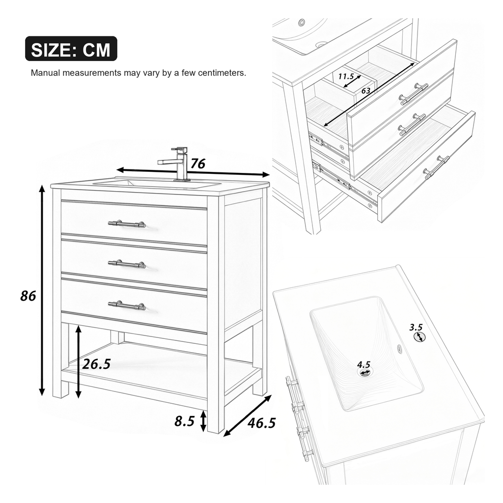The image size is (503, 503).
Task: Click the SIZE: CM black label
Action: pos(71,49)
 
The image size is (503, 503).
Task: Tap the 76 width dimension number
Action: pos(198,164)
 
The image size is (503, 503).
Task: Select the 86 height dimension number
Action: pos(28,296)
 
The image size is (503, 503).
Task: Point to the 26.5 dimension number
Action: pos(97,364)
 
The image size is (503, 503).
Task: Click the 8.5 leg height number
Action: pos(185,421)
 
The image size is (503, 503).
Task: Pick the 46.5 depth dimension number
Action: pos(262,423)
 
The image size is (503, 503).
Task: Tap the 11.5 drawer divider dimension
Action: pos(346,76)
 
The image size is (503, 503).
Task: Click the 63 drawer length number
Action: pos(366,91)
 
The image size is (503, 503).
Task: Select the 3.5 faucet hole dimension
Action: pos(416,327)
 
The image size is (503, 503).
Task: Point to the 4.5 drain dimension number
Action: pos(363,364)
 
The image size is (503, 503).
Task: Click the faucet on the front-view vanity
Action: pos(175,164)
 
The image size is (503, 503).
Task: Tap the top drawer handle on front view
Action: pos(127,224)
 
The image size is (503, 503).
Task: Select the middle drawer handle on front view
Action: pos(127,264)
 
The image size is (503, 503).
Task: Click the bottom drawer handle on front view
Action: pos(127,305)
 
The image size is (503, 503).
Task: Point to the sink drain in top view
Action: pos(365,372)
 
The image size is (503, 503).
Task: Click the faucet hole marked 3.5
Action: pos(419,336)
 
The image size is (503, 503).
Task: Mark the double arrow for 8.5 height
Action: pos(203,421)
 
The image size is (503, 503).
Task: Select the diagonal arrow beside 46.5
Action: pos(248,416)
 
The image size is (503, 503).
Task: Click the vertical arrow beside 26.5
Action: pos(78,362)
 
